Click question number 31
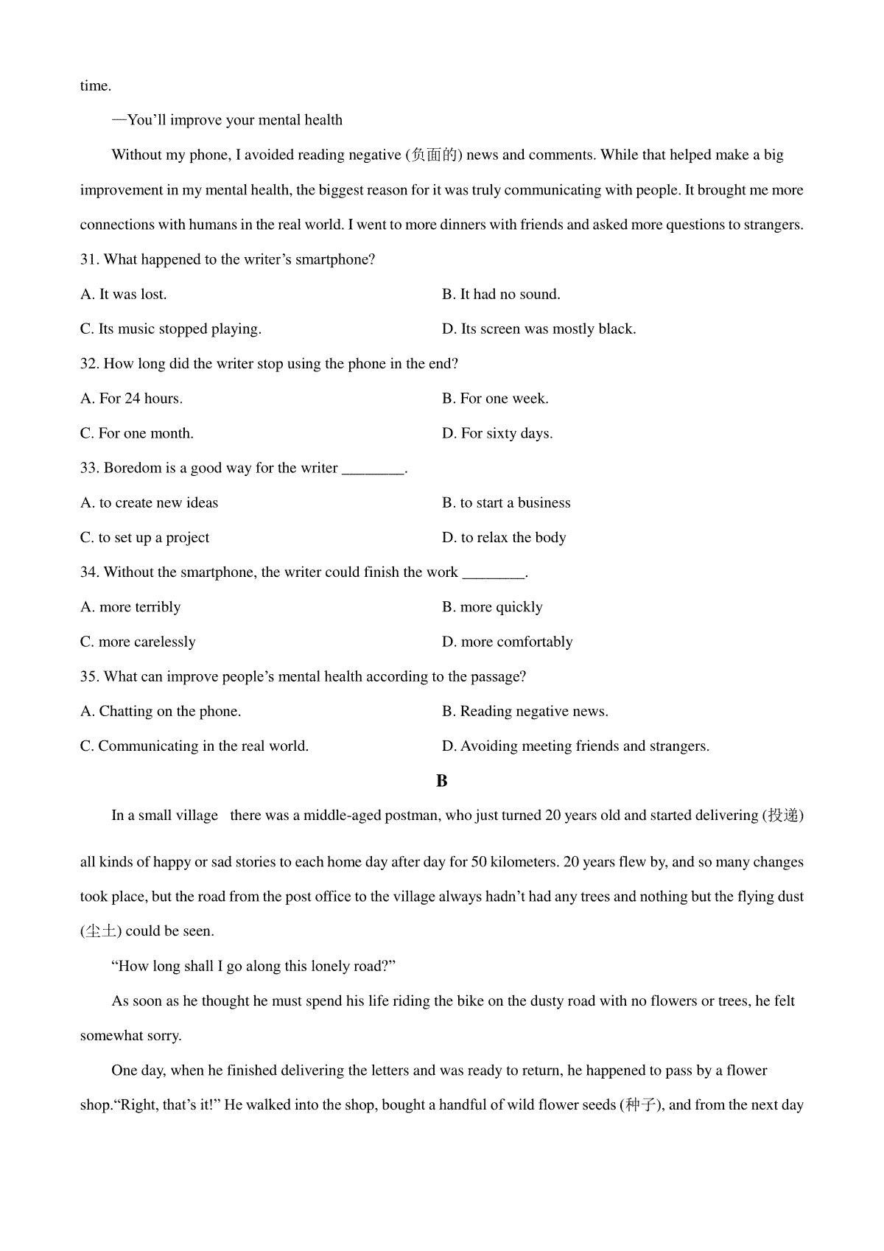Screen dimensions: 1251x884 coord(89,259)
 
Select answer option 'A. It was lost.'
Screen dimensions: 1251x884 coord(124,294)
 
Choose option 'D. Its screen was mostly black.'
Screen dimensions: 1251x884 coord(539,329)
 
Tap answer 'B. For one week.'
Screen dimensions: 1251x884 coord(495,399)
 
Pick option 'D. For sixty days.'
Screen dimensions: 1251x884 coord(497,433)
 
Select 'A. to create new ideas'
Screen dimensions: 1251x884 coord(150,502)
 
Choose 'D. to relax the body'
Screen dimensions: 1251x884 coord(504,537)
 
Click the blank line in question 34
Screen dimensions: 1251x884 coord(494,575)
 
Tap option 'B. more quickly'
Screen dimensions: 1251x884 coord(492,607)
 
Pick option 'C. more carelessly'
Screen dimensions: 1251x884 coord(138,642)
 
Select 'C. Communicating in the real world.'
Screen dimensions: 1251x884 coord(194,746)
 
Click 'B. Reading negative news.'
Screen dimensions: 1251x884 coord(525,711)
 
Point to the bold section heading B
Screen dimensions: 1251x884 coord(442,781)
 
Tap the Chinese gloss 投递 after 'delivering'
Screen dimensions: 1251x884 coord(782,816)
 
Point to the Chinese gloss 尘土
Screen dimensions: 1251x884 coord(100,931)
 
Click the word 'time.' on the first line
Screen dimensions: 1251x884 coord(96,86)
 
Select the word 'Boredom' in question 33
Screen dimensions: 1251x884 coord(130,468)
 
